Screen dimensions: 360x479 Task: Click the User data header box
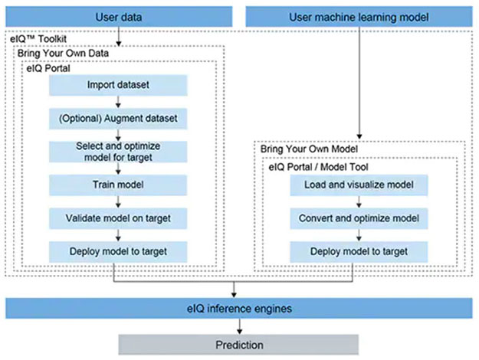tap(119, 15)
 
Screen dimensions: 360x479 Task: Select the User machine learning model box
tap(358, 15)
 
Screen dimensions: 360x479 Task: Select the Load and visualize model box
tap(358, 185)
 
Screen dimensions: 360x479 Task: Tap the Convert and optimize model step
tap(358, 218)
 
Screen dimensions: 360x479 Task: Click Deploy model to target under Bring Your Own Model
tap(358, 251)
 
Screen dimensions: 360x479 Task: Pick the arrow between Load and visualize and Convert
tap(358, 201)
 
